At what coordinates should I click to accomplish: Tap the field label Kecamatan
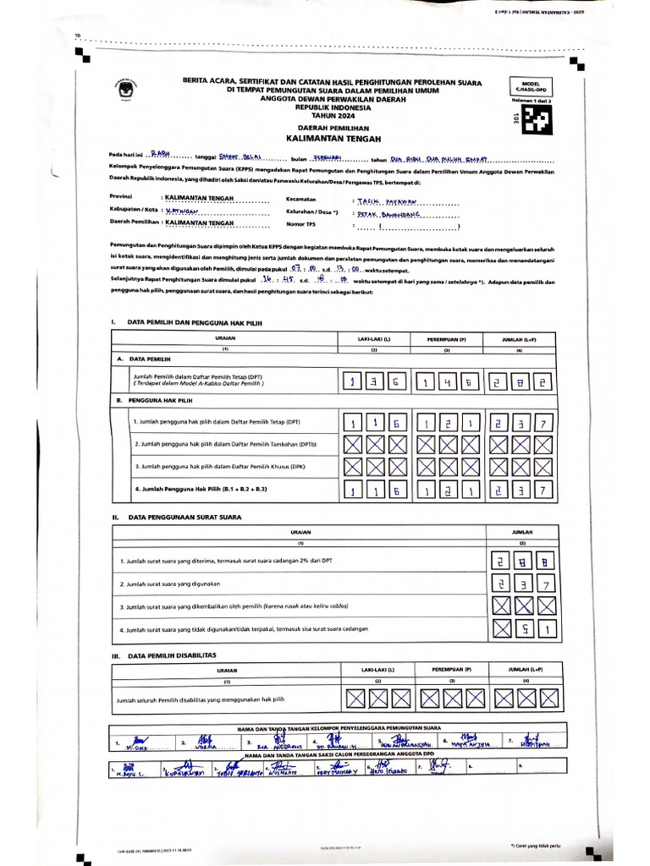point(295,200)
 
